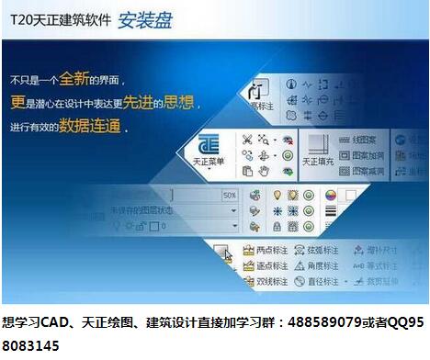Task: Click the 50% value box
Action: (x=229, y=196)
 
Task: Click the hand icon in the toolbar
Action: (x=264, y=171)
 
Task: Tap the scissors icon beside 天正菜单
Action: (x=246, y=140)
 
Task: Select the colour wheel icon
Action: (x=331, y=195)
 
